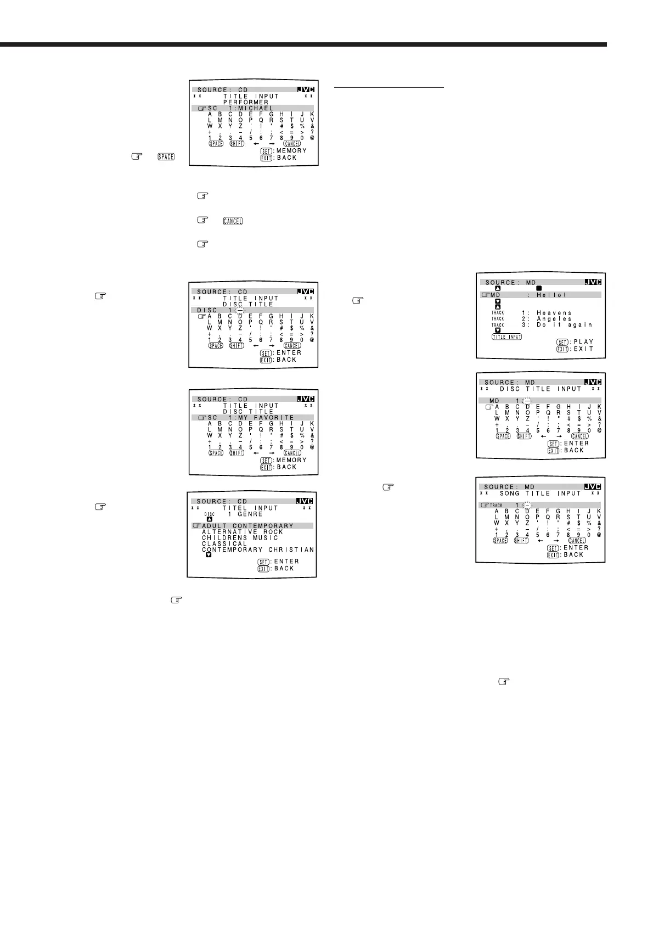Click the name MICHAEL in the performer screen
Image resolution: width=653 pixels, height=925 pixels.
point(255,108)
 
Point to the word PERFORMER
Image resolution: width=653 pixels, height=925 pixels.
point(246,102)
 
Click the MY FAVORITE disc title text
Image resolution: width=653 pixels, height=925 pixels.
point(266,418)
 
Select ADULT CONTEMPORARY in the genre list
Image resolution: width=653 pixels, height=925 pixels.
point(247,526)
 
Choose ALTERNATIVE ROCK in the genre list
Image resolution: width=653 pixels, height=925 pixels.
point(243,532)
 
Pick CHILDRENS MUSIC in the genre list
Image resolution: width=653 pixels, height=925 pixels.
point(240,538)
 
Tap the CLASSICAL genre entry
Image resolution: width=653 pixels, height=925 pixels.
point(224,543)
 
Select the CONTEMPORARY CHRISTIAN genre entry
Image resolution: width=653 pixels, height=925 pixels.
point(258,550)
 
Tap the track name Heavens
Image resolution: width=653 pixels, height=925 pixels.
point(554,313)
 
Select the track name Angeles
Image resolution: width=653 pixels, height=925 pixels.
point(554,319)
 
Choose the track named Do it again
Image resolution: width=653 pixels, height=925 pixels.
point(565,325)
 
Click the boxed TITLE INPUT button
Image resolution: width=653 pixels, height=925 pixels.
point(506,337)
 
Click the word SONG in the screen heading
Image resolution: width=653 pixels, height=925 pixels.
point(510,494)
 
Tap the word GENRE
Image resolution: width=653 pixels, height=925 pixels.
point(250,514)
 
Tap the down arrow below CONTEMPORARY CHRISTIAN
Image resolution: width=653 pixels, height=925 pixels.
point(209,555)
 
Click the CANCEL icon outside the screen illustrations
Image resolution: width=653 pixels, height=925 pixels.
point(232,221)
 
